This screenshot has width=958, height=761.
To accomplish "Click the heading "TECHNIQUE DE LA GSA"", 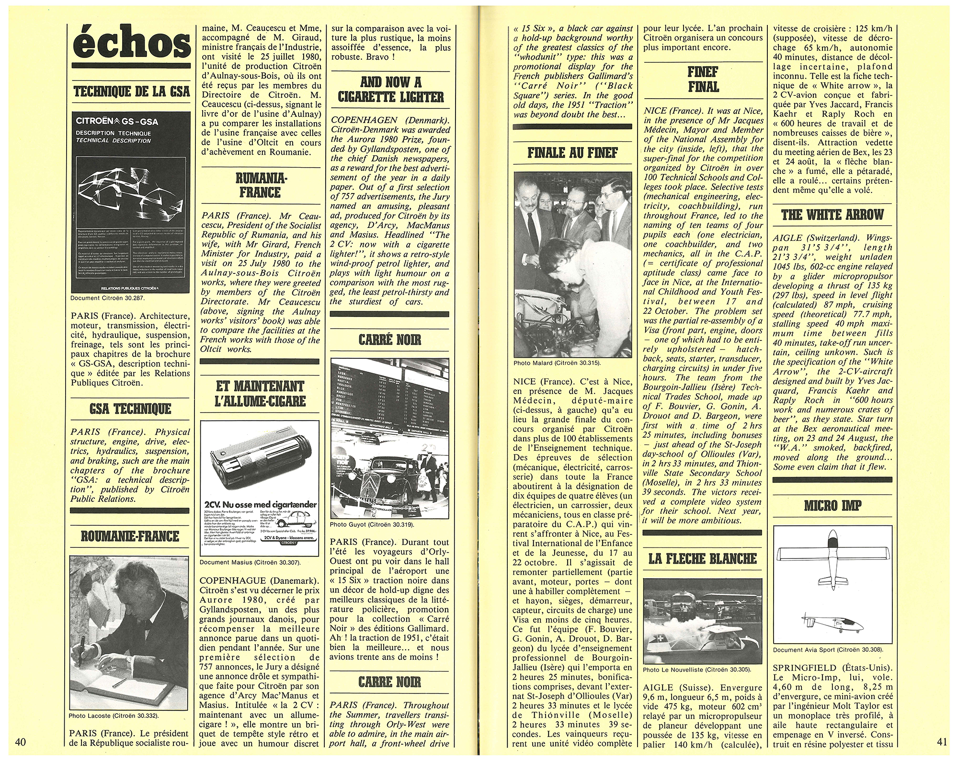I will click(x=130, y=91).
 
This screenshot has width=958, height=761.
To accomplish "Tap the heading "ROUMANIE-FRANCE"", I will click(x=130, y=537).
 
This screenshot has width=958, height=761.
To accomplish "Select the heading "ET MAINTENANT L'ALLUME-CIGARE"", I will click(x=260, y=392).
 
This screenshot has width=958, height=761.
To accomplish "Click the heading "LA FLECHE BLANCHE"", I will click(x=703, y=558).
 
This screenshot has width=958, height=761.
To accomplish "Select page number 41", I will click(x=942, y=742).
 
